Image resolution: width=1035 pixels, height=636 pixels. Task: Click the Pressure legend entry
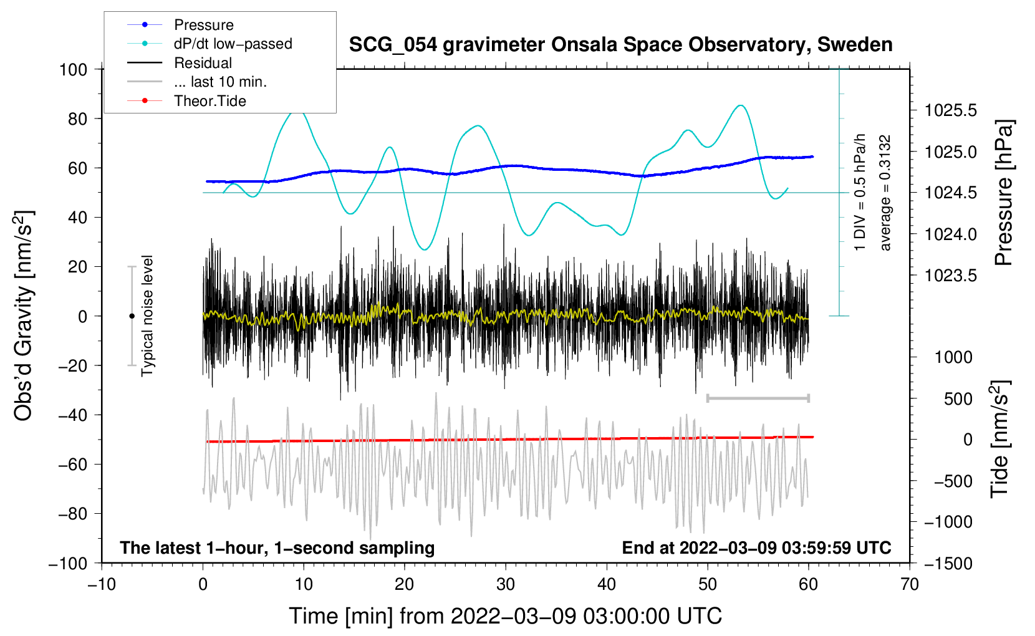[x=203, y=25]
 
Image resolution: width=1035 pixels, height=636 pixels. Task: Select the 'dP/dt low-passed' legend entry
[x=233, y=44]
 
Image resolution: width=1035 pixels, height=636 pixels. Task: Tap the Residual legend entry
[x=203, y=63]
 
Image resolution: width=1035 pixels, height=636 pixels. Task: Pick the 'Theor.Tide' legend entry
[x=209, y=101]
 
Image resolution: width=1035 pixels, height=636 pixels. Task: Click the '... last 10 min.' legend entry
[x=220, y=82]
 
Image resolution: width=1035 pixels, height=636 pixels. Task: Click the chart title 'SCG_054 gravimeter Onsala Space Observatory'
[x=620, y=45]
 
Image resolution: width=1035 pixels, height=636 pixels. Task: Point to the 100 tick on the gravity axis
[x=73, y=69]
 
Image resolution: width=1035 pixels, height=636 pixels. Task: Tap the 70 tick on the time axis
[x=910, y=584]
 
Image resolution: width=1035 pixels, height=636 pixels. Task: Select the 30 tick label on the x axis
[x=506, y=584]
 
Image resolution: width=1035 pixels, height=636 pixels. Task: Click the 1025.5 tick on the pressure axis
[x=950, y=111]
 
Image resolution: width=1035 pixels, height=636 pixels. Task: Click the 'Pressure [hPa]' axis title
[x=1003, y=193]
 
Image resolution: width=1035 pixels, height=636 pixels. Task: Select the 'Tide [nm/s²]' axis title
[x=999, y=440]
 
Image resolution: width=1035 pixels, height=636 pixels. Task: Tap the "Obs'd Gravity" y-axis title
[x=24, y=316]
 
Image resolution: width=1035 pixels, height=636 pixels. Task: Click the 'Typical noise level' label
[x=147, y=316]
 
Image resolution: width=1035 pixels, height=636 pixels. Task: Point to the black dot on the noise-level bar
[x=132, y=316]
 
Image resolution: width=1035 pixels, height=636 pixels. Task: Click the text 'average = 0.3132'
[x=885, y=193]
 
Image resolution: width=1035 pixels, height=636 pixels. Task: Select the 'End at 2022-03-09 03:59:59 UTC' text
[x=756, y=547]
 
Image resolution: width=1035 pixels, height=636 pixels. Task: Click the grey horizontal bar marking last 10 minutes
[x=758, y=398]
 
